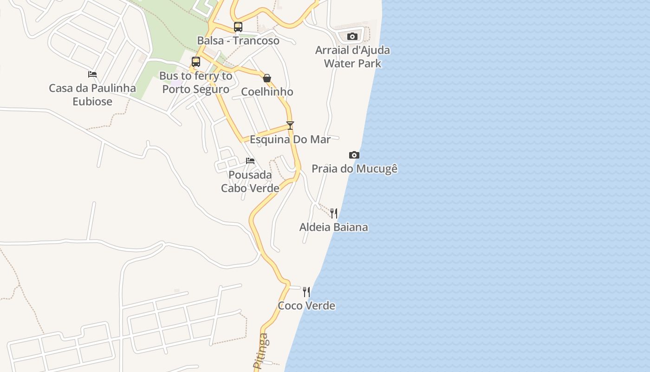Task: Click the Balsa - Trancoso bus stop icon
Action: click(x=238, y=27)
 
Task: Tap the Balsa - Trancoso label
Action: click(x=238, y=40)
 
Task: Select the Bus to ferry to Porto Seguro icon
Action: click(x=196, y=62)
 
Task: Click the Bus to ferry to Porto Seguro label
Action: click(x=195, y=82)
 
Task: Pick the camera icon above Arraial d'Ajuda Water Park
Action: click(x=352, y=36)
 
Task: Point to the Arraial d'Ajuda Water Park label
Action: click(x=352, y=57)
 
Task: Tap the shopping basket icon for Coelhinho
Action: click(x=267, y=78)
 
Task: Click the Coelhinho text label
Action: click(x=267, y=92)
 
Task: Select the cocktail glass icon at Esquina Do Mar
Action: click(x=290, y=126)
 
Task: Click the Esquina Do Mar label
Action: click(x=290, y=139)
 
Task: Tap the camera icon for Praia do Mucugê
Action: click(x=354, y=155)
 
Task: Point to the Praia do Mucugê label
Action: click(x=354, y=168)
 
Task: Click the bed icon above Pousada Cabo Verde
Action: click(x=250, y=161)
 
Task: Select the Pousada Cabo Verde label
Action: click(x=250, y=181)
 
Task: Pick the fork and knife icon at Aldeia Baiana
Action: click(x=334, y=213)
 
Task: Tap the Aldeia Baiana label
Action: click(x=334, y=227)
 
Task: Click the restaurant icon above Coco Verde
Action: click(x=306, y=292)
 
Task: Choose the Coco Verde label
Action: click(x=306, y=306)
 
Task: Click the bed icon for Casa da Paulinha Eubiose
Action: click(x=92, y=74)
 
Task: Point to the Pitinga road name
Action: click(x=261, y=352)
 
